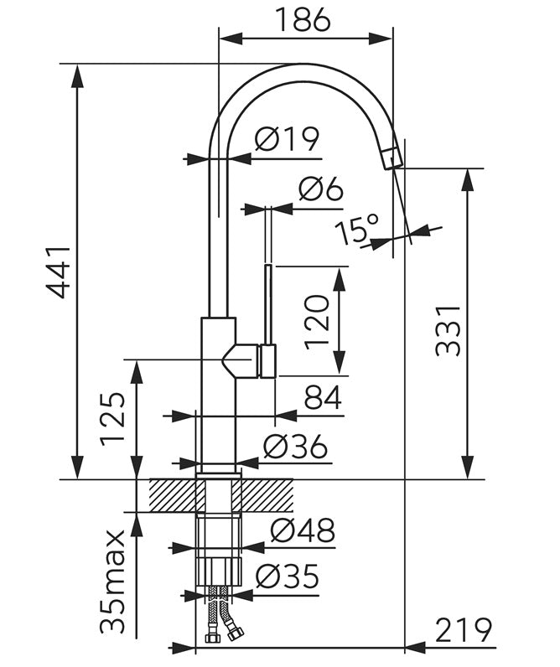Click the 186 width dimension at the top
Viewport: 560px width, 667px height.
click(303, 19)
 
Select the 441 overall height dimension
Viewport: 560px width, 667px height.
click(59, 271)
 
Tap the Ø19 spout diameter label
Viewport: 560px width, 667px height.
click(287, 138)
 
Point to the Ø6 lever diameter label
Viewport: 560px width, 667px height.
click(320, 189)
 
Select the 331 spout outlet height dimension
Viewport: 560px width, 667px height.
click(449, 330)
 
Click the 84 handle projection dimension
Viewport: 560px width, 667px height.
click(323, 397)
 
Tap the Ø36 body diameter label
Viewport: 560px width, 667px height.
click(295, 447)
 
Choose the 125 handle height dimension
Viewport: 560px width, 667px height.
click(113, 419)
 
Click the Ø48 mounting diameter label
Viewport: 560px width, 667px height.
click(303, 530)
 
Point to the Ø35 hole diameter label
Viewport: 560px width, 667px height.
click(288, 577)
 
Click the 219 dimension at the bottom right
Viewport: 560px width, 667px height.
click(464, 630)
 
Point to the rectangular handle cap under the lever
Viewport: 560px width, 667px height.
click(268, 361)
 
